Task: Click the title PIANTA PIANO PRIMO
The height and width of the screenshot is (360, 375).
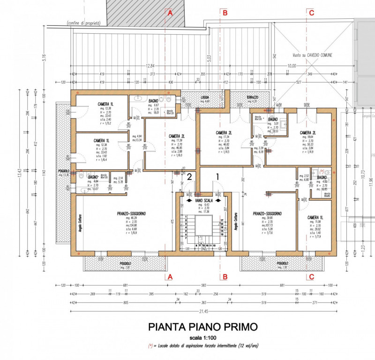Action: pos(203,327)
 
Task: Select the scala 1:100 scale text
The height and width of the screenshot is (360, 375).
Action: pos(203,337)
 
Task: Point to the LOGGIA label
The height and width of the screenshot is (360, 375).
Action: pos(205,97)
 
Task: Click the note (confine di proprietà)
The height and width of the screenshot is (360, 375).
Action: pos(83,22)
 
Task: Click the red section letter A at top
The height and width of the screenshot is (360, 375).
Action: pos(170,13)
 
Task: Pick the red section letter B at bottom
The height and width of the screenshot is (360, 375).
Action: pos(225,277)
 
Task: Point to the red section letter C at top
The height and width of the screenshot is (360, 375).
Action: pos(311,13)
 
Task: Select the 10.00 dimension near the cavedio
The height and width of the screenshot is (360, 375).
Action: pos(292,66)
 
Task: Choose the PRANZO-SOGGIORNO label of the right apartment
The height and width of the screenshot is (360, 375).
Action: pos(267,213)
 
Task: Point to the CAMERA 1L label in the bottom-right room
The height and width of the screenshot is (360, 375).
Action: pos(314,218)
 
